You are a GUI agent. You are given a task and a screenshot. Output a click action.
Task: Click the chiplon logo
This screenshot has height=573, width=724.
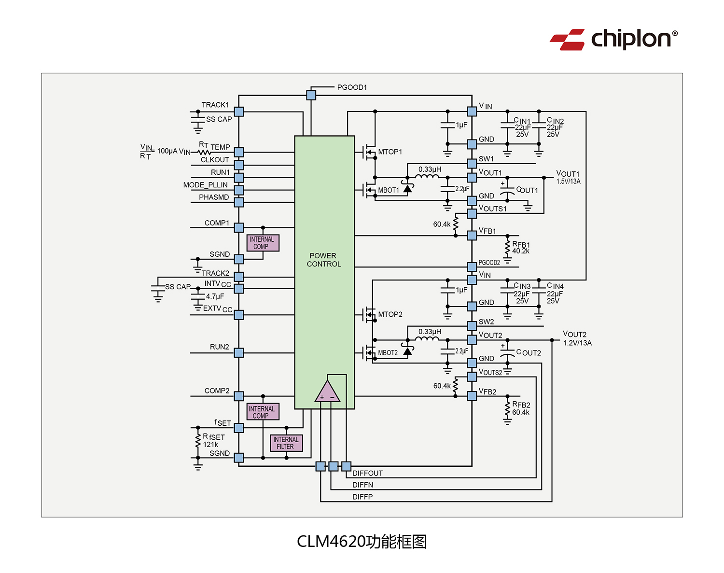coord(613,39)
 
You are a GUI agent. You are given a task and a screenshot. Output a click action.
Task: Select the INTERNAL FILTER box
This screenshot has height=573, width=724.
coord(286,443)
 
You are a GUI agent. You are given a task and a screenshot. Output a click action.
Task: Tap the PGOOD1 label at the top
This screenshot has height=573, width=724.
coord(352,87)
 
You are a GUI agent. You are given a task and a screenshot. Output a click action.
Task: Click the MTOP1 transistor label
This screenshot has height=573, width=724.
coord(390,152)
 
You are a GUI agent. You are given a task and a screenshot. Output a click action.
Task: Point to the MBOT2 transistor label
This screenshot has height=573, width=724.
coord(388,353)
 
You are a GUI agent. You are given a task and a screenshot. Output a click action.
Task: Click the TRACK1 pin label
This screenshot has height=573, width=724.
coord(215,105)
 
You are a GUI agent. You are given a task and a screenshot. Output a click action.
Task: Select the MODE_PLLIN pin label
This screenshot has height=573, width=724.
coord(205,185)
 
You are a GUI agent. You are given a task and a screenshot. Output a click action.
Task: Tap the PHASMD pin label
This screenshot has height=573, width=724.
coord(214,197)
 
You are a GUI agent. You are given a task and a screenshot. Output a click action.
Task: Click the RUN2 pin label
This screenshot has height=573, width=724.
coord(219,347)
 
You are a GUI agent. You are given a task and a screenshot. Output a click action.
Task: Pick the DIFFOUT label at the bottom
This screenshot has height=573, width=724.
coord(367,473)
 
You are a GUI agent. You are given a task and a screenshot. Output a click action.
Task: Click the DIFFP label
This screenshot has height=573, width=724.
coord(362,497)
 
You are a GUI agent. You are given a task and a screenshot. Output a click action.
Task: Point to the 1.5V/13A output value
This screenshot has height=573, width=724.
coord(568,182)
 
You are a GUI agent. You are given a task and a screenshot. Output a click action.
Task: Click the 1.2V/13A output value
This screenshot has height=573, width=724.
coord(577,343)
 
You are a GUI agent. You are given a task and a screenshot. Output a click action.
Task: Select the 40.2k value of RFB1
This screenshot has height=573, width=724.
coord(521,251)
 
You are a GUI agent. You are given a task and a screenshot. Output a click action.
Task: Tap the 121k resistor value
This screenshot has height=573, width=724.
coord(210,445)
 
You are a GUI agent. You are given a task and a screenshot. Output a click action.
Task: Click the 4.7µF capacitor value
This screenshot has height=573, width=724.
coord(215,296)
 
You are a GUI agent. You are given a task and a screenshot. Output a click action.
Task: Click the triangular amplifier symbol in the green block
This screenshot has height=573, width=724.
coord(327,392)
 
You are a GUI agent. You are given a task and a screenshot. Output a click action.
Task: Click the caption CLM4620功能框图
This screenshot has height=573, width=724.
coord(362,542)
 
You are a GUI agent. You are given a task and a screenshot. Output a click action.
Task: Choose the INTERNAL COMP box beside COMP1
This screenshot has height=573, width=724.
coord(263,243)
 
